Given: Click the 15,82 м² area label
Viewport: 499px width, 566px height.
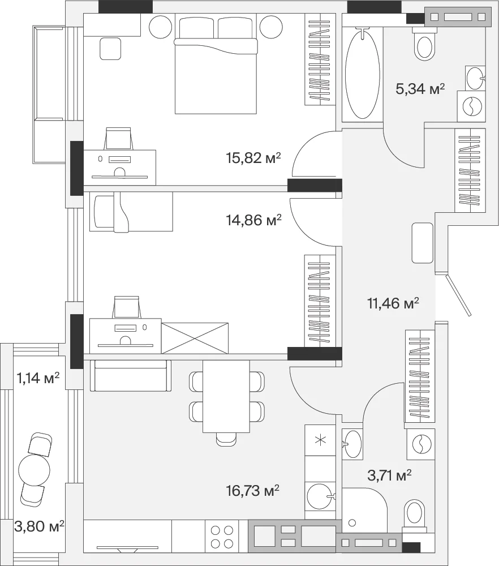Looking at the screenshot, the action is tap(253, 158).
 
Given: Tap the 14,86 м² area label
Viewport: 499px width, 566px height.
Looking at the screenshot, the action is tap(253, 220).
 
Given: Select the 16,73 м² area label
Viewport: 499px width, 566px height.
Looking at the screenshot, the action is tap(252, 491).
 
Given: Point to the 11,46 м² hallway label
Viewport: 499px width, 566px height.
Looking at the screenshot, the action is tap(393, 303).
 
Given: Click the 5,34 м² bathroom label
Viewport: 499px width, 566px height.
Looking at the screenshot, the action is tap(420, 88).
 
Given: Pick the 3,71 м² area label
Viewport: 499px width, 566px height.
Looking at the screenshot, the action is tap(389, 475).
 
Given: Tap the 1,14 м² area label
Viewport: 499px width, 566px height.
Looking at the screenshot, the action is tap(38, 378).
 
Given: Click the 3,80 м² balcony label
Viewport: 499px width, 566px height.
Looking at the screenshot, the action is tap(39, 526).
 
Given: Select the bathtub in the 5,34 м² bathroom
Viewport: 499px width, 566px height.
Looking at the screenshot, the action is tap(362, 74).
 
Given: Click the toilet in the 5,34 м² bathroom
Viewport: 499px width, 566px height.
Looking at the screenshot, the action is tap(425, 44).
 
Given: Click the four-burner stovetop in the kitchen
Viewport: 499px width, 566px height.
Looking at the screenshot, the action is tap(222, 537).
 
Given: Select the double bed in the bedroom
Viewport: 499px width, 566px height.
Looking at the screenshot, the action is tap(216, 65).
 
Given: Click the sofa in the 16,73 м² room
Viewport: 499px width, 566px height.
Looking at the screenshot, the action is tap(130, 375).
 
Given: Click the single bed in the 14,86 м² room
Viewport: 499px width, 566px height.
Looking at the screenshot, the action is tap(131, 212).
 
